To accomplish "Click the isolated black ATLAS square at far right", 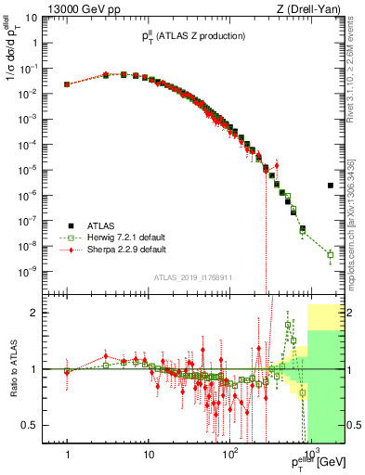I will (x=331, y=186).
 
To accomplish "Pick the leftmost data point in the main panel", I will (x=68, y=84).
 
